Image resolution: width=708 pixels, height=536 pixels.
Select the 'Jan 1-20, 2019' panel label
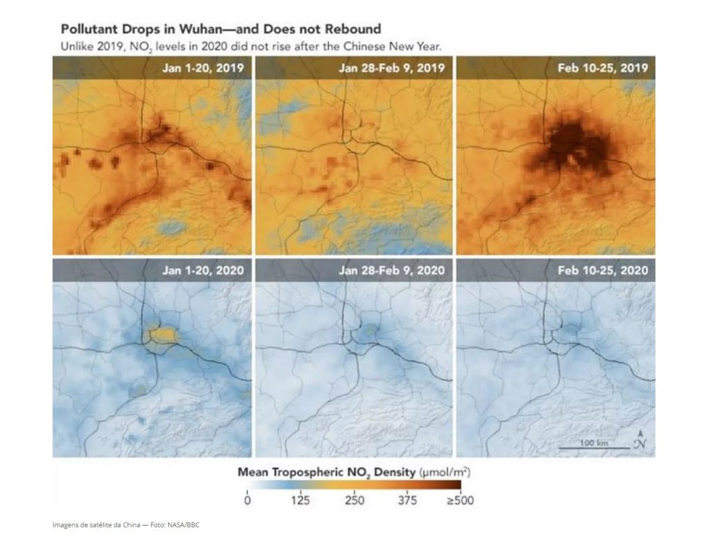[203, 68]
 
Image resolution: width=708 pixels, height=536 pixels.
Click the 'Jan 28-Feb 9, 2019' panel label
[391, 68]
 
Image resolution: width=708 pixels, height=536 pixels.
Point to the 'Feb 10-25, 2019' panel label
[603, 68]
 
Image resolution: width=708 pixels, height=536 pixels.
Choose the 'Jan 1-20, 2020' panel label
[203, 270]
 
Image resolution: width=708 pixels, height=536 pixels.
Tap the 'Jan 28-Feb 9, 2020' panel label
[391, 270]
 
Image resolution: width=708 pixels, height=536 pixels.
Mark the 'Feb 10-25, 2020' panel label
[603, 270]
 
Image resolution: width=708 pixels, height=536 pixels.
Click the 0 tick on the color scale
[247, 500]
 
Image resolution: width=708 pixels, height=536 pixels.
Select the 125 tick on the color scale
[300, 500]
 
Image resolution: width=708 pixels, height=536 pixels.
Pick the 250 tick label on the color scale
[355, 500]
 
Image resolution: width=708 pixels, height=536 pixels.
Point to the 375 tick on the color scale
[407, 500]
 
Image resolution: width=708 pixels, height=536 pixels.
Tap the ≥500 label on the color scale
[460, 500]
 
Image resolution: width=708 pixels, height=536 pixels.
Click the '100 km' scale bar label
[594, 443]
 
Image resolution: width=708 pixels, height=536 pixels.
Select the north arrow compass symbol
[640, 440]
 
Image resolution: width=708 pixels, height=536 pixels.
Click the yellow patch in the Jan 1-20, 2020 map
[162, 335]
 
